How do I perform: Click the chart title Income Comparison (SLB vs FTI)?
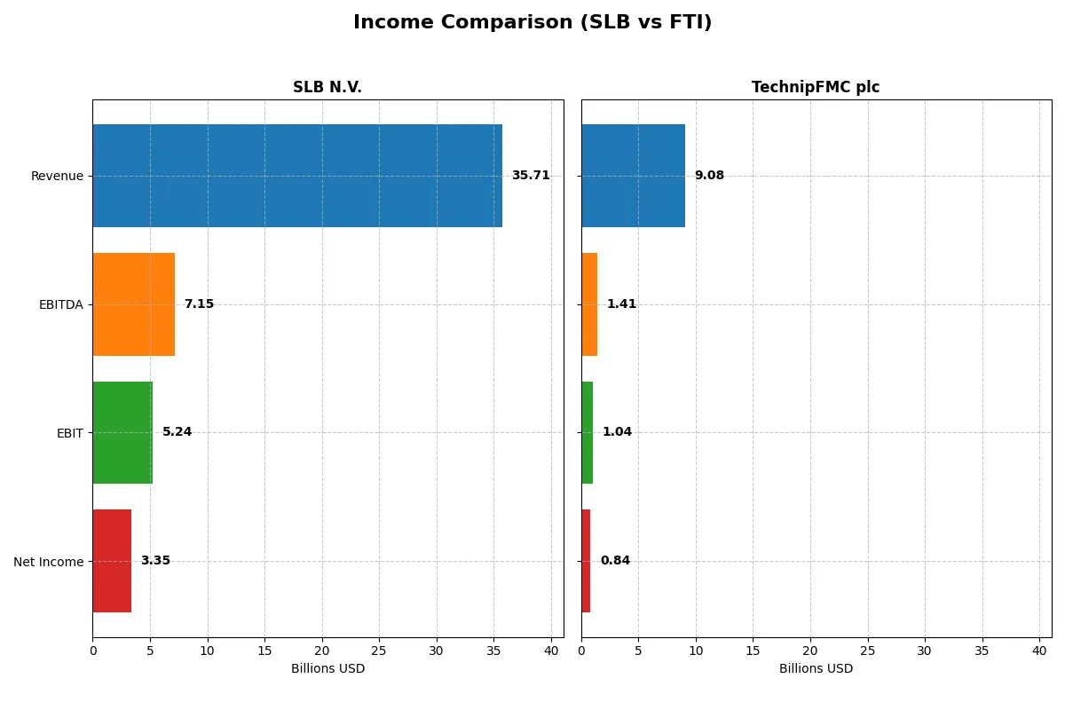click(x=532, y=23)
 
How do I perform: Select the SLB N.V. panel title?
click(x=327, y=87)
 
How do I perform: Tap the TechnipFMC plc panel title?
click(x=816, y=87)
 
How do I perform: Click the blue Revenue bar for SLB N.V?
click(x=297, y=176)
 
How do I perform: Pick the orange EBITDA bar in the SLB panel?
click(x=133, y=304)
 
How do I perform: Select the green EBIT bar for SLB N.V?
click(x=122, y=432)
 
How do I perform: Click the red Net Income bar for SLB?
click(x=112, y=561)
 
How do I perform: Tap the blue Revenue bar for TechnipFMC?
click(x=633, y=176)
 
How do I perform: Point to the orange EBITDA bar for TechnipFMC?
click(x=589, y=304)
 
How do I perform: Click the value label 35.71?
click(x=531, y=176)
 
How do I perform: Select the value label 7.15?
click(x=199, y=304)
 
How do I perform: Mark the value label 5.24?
click(x=177, y=432)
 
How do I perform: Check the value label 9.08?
click(x=709, y=176)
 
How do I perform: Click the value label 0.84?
click(x=615, y=561)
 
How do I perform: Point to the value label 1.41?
click(x=621, y=304)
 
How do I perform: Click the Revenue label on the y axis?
click(x=57, y=176)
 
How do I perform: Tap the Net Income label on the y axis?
click(x=49, y=562)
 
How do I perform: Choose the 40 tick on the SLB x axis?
click(x=551, y=651)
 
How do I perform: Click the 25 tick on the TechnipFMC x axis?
click(x=867, y=651)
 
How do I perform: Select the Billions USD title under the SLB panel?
click(x=327, y=669)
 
